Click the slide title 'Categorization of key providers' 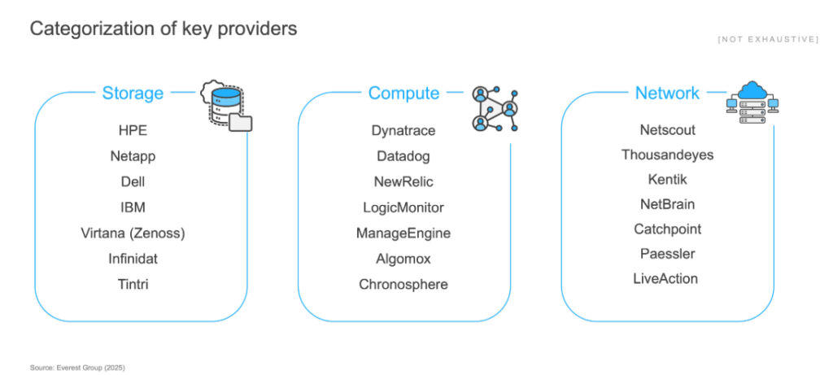coord(164,28)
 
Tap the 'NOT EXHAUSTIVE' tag coord(768,39)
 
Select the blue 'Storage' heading coord(133,93)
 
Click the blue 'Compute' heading coord(403,93)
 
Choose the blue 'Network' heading coord(667,93)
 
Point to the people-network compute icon coord(494,109)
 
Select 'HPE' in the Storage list coord(133,130)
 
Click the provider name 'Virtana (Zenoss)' coord(133,233)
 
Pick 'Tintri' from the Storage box coord(133,284)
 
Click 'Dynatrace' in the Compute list coord(403,130)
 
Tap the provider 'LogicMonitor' coord(403,207)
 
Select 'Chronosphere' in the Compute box coord(403,284)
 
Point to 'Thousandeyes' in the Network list coord(667,155)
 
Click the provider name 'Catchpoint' coord(667,229)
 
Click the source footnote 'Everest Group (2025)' coord(78,368)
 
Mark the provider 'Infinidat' coord(133,259)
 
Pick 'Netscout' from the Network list coord(667,129)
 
